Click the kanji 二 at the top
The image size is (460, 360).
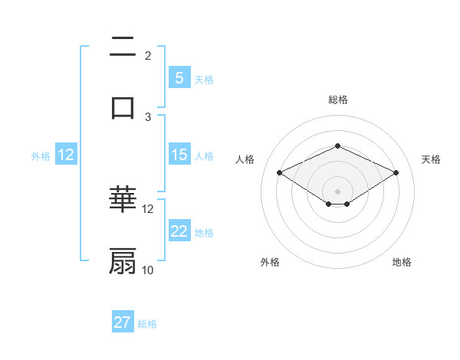tap(123, 49)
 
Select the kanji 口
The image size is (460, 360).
tap(123, 107)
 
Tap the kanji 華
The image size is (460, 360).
tap(123, 201)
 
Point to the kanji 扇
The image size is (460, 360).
tap(123, 260)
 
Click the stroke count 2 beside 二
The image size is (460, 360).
tap(148, 56)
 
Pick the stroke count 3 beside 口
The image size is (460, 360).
tap(148, 116)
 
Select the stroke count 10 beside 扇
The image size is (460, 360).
tap(148, 270)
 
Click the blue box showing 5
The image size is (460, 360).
tap(179, 77)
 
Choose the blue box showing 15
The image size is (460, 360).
tap(179, 155)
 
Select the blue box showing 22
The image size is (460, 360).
tap(179, 231)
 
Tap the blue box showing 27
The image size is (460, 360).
tap(123, 322)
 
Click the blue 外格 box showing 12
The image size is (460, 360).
tap(66, 155)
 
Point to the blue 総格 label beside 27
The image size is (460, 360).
tap(147, 324)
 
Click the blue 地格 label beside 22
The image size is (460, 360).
tap(204, 233)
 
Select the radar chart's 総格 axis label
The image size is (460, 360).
tap(337, 100)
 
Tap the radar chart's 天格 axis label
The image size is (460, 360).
tap(431, 159)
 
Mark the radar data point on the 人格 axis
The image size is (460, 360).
tap(279, 173)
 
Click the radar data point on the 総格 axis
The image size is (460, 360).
tap(337, 146)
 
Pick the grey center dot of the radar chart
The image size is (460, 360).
tap(337, 190)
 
